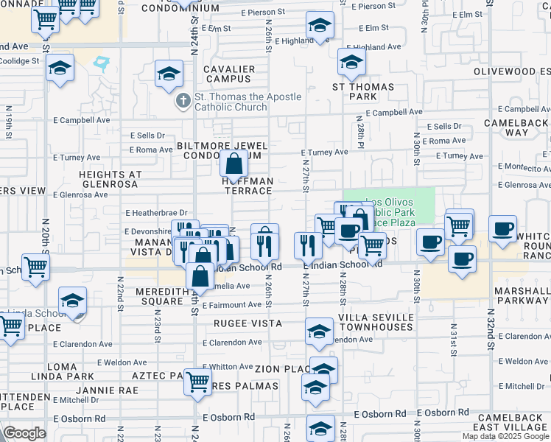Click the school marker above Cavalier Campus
coord(169,73)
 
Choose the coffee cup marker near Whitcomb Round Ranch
coord(502,228)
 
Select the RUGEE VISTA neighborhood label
coord(248,323)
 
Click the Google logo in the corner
coord(24,433)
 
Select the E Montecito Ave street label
coord(524,167)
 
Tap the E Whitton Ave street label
coord(228,367)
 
